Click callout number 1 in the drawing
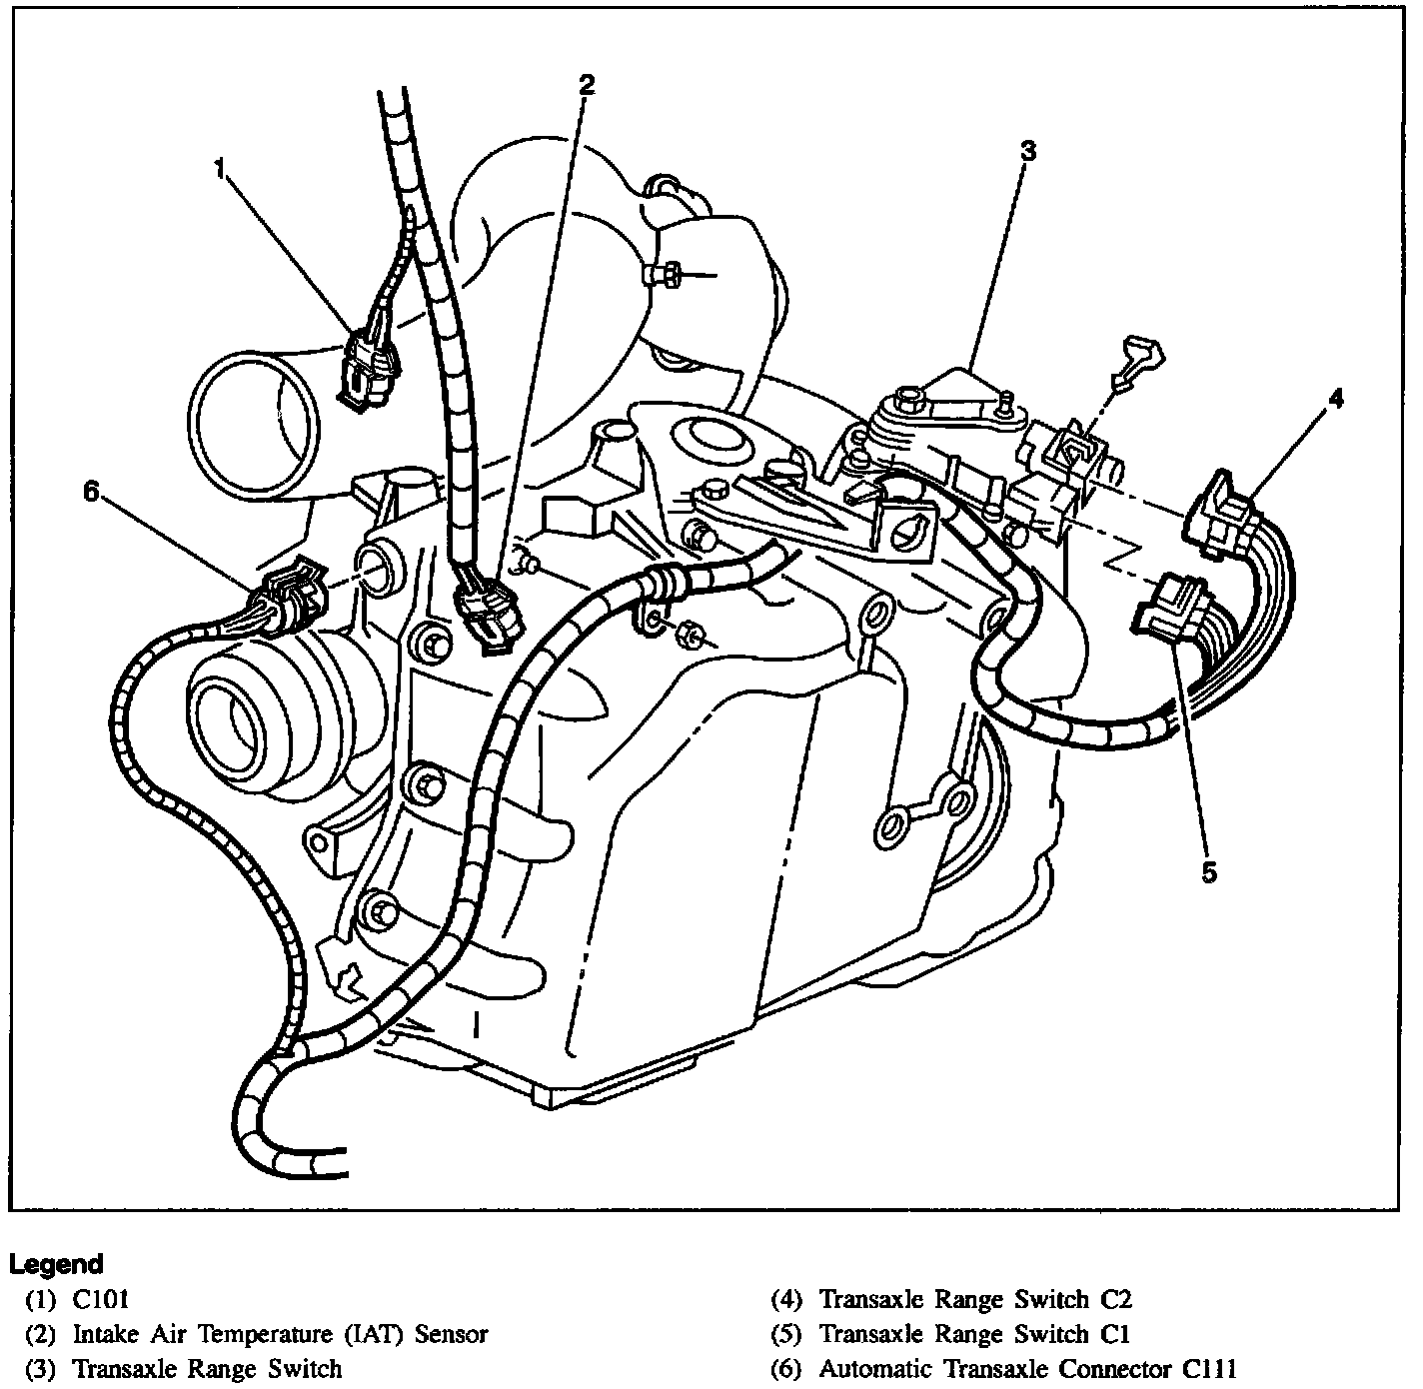(x=220, y=167)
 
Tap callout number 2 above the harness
(x=588, y=85)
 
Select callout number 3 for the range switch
(x=1028, y=151)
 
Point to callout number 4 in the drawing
(x=1335, y=398)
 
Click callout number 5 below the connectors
(x=1209, y=872)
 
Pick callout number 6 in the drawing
(x=92, y=492)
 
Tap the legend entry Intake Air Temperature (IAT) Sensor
(x=280, y=1333)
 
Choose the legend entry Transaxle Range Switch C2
(x=974, y=1299)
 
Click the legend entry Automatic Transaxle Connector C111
(x=1027, y=1368)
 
